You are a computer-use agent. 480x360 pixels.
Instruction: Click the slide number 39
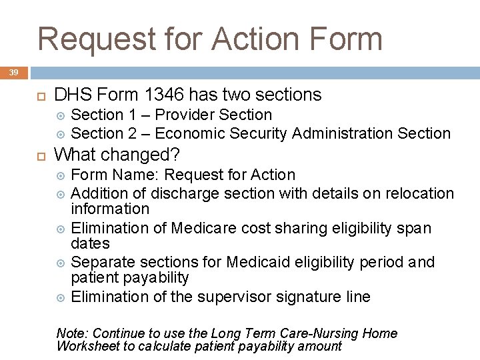pyautogui.click(x=14, y=71)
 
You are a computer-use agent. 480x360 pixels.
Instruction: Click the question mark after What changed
pyautogui.click(x=175, y=155)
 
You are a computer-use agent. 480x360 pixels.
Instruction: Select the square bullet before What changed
pyautogui.click(x=39, y=155)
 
